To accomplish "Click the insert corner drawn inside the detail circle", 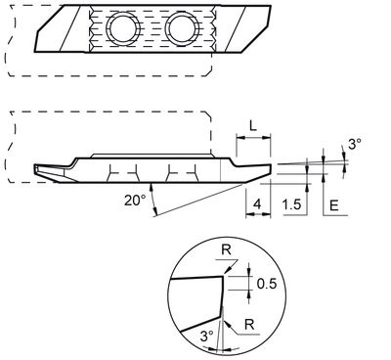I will coord(221,280).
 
